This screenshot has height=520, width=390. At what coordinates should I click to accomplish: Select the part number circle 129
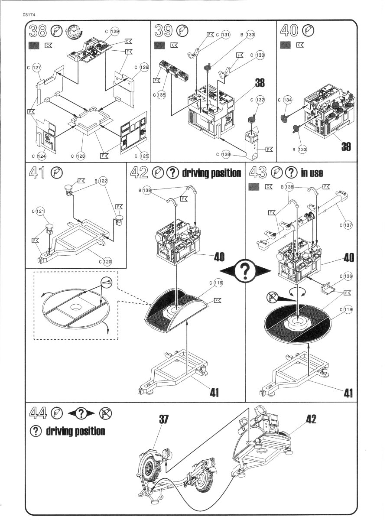(115, 31)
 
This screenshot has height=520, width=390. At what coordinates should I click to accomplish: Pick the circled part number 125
(141, 155)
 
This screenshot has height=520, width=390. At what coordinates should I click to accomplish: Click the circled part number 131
(225, 35)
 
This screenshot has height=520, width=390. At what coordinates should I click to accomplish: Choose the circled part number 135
(161, 95)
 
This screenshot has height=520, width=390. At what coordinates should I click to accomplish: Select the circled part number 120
(107, 261)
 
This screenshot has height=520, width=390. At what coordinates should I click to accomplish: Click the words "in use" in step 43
(312, 173)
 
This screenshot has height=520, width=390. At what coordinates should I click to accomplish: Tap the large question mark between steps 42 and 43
(245, 272)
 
